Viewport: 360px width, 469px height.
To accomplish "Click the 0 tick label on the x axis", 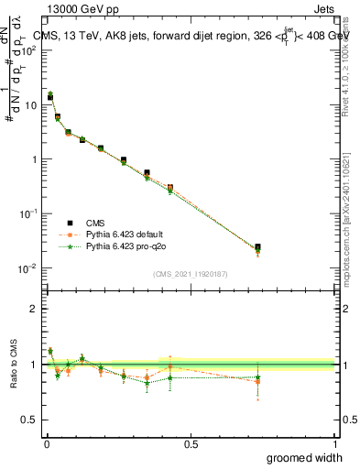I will tap(46, 443).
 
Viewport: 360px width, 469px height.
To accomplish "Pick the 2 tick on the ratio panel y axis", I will tap(34, 309).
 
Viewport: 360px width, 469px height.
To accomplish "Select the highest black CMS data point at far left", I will tap(49, 96).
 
